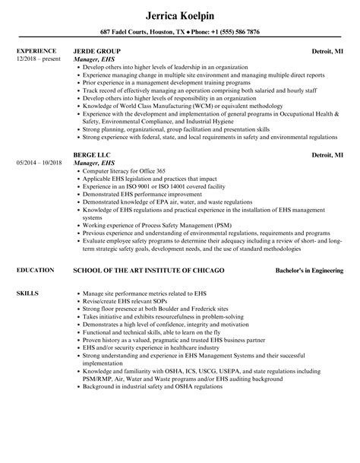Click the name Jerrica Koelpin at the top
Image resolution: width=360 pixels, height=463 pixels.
(x=179, y=14)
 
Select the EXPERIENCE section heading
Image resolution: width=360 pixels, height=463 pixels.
(x=36, y=50)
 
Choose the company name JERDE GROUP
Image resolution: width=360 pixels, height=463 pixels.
(x=101, y=50)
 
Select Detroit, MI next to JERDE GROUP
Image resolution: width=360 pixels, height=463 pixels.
(x=327, y=50)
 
